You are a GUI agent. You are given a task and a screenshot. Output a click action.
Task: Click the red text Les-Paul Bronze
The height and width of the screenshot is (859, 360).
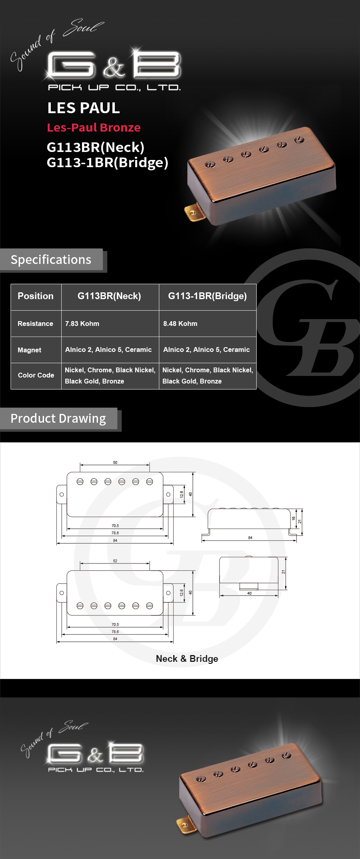[x=94, y=128]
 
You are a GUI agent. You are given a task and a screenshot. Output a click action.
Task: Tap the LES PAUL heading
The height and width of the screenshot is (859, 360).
[x=84, y=108]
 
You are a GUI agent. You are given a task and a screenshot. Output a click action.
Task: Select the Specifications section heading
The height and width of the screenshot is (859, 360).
[x=51, y=260]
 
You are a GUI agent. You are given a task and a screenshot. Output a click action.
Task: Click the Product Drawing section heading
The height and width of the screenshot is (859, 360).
[x=58, y=419]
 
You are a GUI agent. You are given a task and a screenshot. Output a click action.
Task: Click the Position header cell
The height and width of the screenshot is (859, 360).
[x=36, y=296]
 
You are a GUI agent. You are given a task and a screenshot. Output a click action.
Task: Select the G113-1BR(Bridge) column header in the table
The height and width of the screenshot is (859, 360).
[x=207, y=296]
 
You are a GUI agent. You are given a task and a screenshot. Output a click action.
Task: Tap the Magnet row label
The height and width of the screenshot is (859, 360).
[x=29, y=350]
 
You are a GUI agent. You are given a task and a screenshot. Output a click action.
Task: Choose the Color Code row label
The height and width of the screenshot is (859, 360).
[x=36, y=375]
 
